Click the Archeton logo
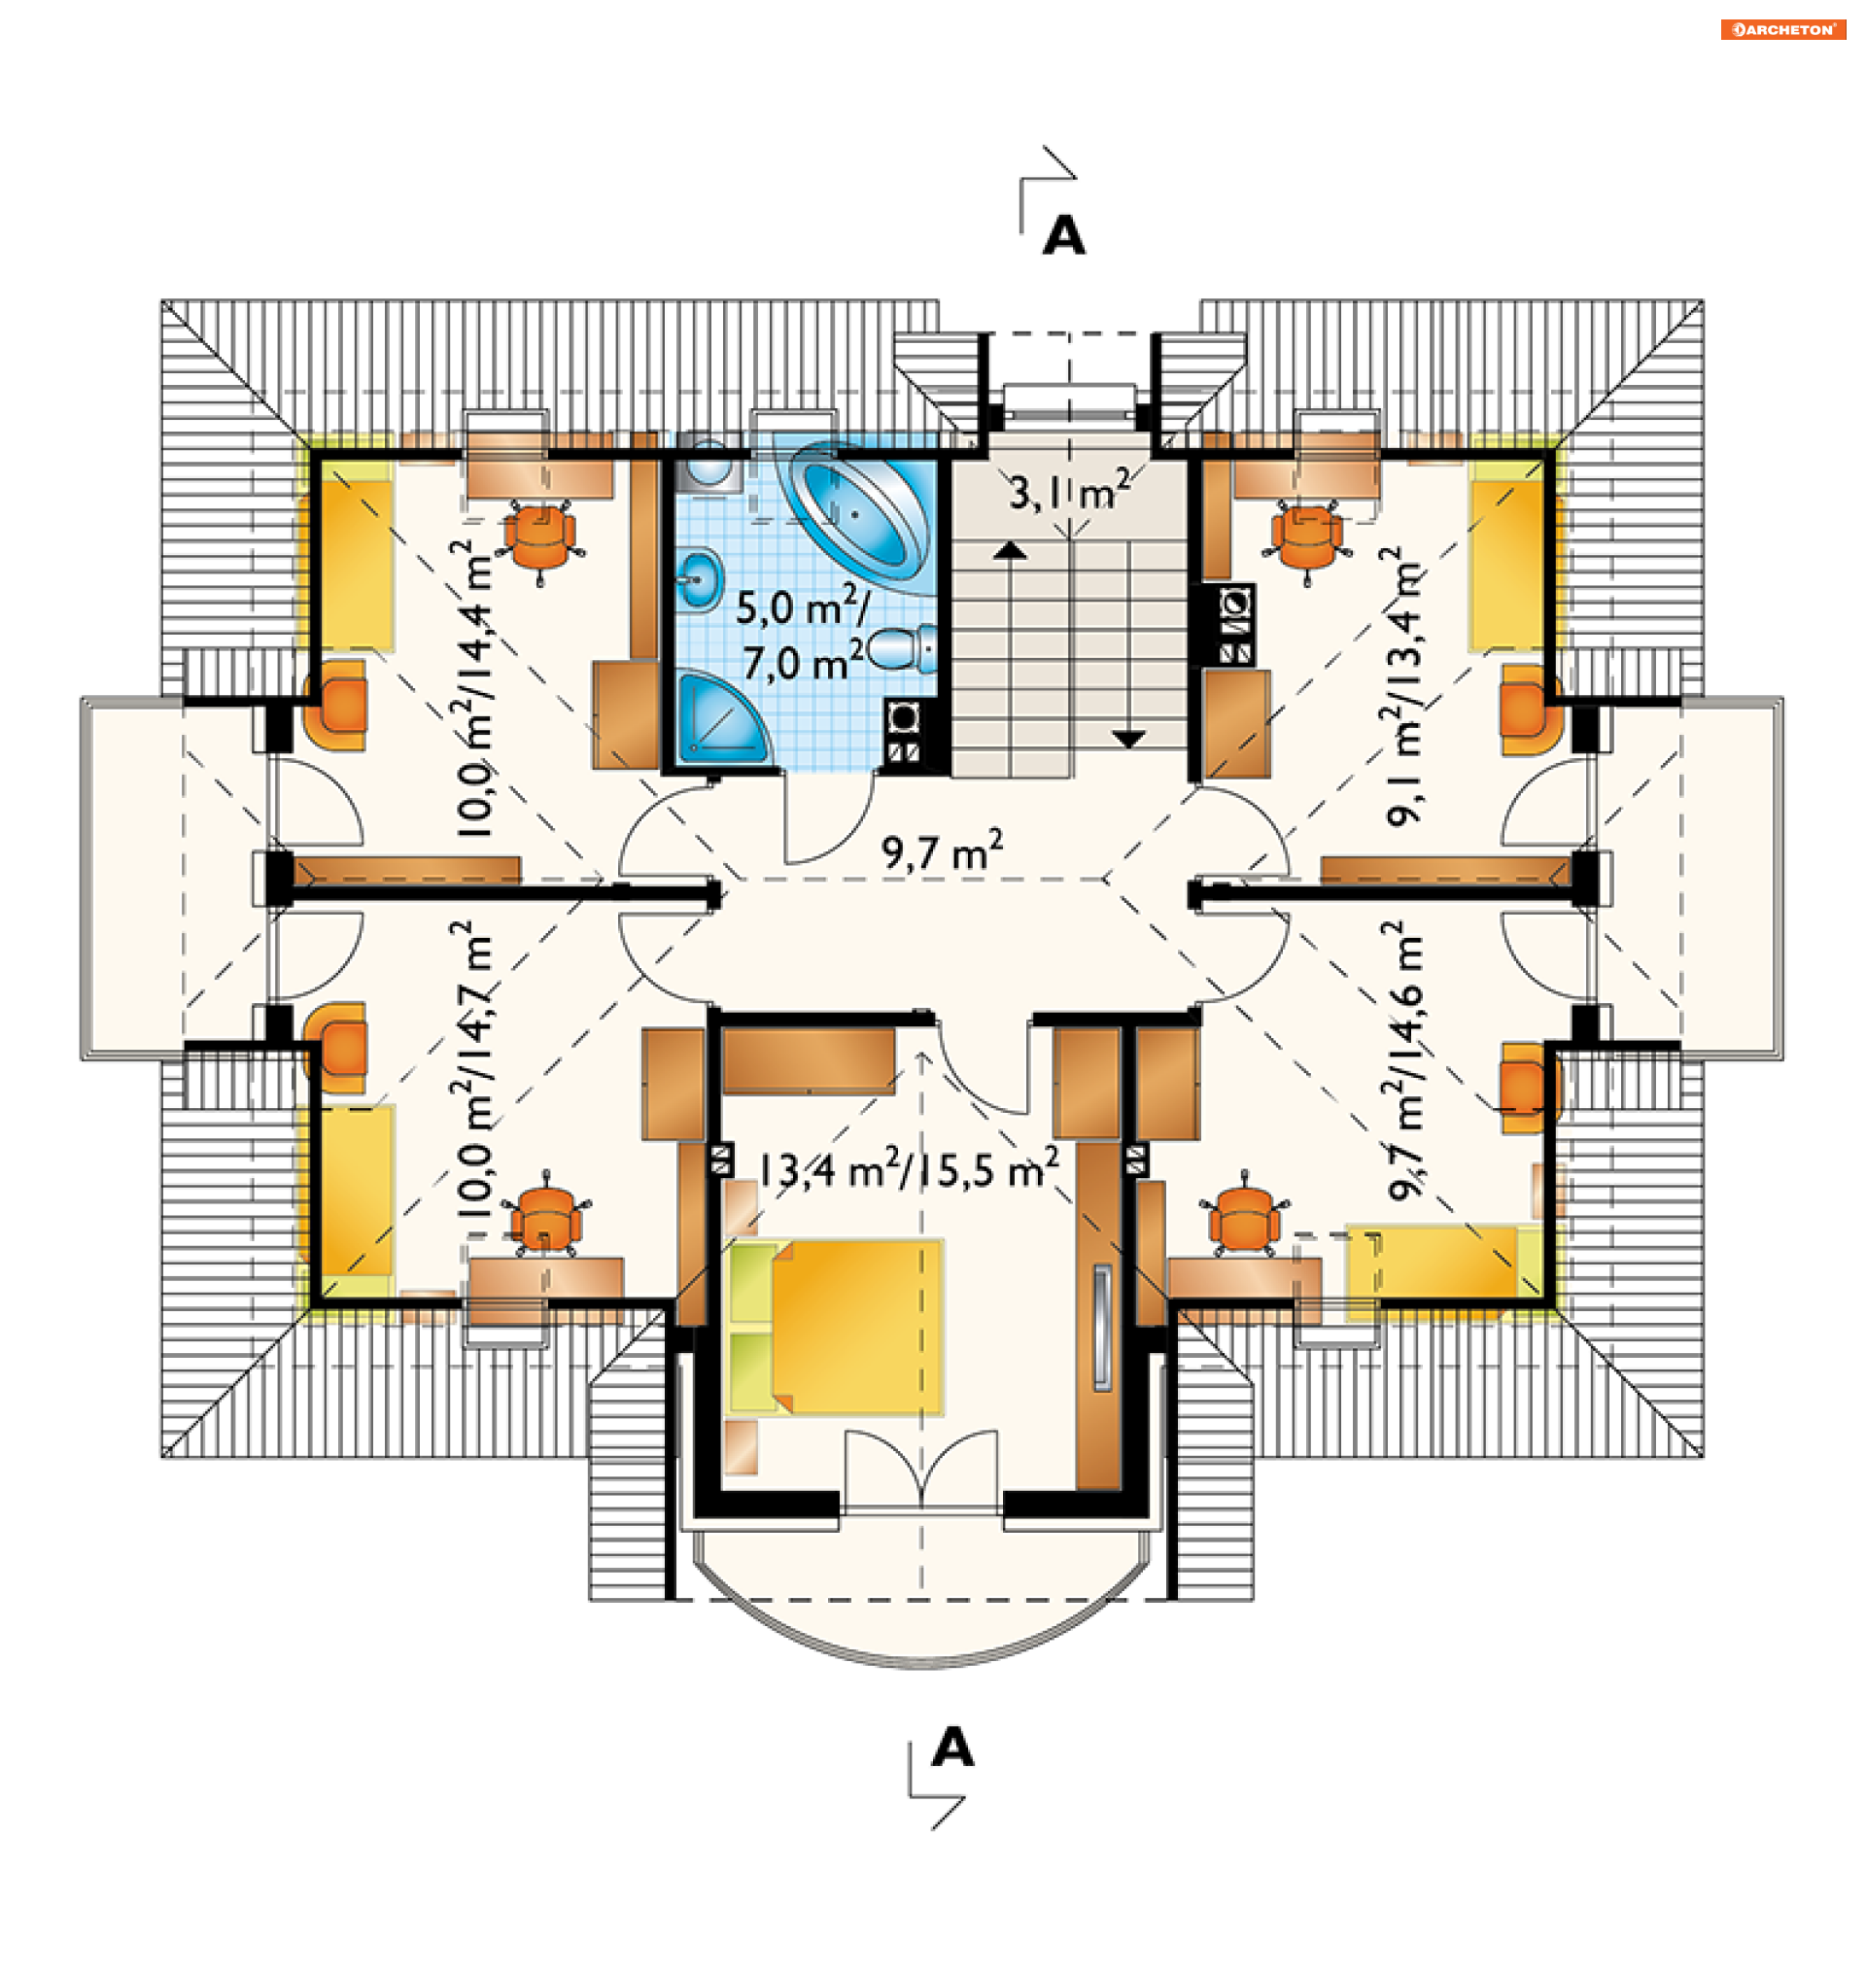coord(1782,30)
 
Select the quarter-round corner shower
coord(721,718)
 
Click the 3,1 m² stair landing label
coord(1069,491)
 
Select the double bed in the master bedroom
coord(836,1326)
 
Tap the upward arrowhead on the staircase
coord(1011,550)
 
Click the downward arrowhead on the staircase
coord(1128,740)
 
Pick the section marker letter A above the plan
coord(1063,236)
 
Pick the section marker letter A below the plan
coord(951,1747)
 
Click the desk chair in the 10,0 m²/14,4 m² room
coord(541,537)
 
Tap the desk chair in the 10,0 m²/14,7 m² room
coord(545,1220)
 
